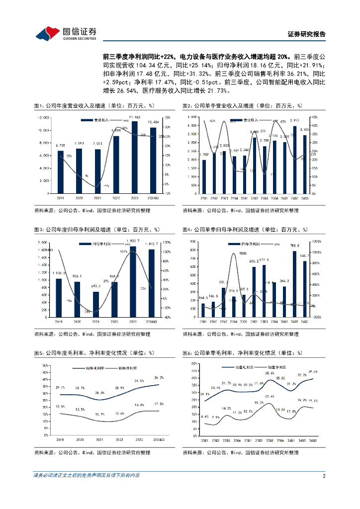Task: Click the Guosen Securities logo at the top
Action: click(x=65, y=33)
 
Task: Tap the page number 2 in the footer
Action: click(x=324, y=476)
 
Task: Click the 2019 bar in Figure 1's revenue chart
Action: click(x=61, y=172)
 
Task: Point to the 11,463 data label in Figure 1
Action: click(x=134, y=116)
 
